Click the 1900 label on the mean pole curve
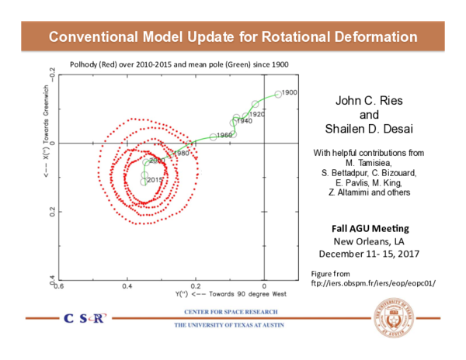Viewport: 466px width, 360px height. (x=289, y=93)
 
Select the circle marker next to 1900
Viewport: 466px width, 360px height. (x=278, y=95)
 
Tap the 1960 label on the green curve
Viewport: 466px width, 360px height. (x=224, y=135)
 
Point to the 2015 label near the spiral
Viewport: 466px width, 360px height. (x=155, y=180)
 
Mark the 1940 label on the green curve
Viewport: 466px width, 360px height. (x=244, y=121)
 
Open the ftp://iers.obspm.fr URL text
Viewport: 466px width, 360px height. (x=373, y=283)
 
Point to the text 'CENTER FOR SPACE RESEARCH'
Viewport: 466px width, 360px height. (x=222, y=312)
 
